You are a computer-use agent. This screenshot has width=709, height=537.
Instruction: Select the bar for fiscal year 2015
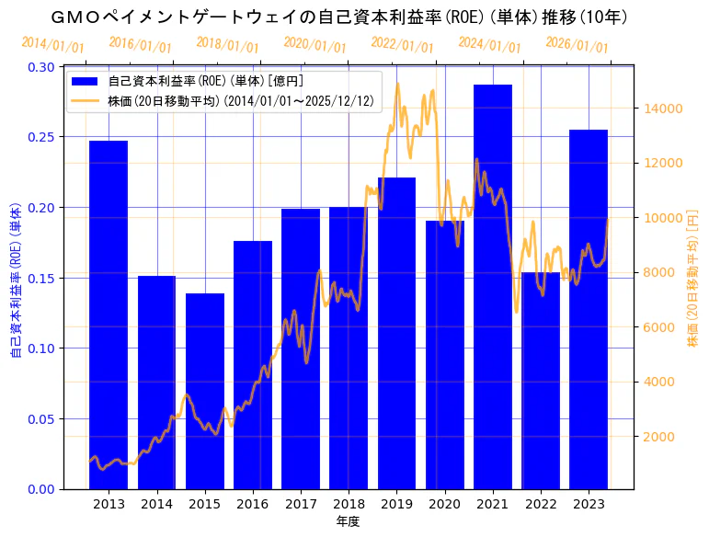click(x=204, y=391)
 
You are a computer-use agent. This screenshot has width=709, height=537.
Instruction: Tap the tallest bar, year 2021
click(x=493, y=286)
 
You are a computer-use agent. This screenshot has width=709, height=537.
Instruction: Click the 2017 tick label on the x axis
click(x=301, y=504)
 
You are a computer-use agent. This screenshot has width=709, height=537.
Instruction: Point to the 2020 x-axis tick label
click(x=445, y=504)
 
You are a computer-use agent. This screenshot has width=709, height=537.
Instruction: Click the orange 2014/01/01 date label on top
click(x=52, y=45)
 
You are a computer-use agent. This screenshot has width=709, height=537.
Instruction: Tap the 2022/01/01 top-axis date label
click(x=403, y=43)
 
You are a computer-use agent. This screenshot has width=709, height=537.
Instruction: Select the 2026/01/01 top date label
click(x=577, y=43)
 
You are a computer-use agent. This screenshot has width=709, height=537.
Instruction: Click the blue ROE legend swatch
click(x=89, y=82)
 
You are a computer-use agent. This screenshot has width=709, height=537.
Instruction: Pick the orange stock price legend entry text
click(x=248, y=101)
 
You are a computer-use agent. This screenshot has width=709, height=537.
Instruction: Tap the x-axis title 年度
click(x=348, y=521)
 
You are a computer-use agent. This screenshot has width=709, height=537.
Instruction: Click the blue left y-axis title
click(x=16, y=276)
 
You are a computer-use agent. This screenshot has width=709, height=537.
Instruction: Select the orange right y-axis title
click(x=692, y=276)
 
